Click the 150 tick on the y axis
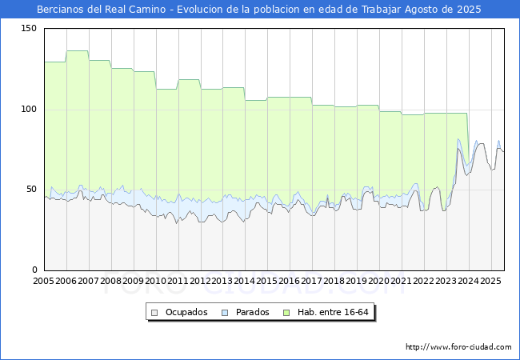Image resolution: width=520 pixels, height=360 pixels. [29, 29]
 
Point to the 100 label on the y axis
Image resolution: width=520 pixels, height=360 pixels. [29, 109]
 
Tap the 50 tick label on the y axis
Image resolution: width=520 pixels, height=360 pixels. [31, 190]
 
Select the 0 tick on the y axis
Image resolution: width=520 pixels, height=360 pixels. [34, 270]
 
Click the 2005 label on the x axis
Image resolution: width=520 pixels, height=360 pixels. [43, 281]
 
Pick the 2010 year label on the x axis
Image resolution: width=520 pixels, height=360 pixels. [155, 281]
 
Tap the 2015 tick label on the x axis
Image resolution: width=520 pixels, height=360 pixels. [267, 281]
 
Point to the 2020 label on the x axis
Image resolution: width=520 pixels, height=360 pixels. [379, 281]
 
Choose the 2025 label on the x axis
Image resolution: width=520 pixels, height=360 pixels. [491, 281]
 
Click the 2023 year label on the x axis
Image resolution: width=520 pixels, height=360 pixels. [446, 281]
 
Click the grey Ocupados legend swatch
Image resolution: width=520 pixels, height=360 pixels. [154, 313]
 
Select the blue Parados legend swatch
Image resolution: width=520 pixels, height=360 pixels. [225, 313]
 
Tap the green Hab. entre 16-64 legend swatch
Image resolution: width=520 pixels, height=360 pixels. [286, 313]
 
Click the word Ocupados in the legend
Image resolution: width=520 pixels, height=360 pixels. [186, 312]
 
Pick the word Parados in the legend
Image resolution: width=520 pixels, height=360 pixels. [252, 312]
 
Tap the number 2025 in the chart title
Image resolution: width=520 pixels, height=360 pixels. [469, 10]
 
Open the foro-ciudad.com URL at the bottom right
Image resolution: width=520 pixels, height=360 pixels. [458, 347]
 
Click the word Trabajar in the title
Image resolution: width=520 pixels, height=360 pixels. [382, 10]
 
